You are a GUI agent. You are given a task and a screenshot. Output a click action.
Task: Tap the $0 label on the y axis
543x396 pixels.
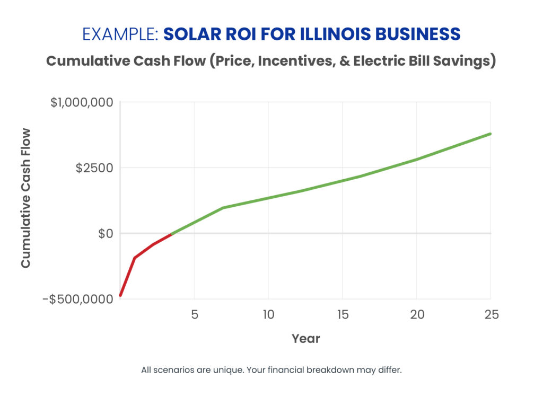106,234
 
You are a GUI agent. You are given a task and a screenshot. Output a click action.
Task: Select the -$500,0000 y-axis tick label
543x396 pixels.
78,300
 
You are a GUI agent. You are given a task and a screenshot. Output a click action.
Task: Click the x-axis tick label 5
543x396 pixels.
194,314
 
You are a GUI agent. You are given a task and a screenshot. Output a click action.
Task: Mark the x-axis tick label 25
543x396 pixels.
491,314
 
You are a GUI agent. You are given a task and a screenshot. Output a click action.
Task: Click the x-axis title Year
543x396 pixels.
305,338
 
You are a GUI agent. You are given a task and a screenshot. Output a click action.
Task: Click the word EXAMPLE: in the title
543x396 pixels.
120,34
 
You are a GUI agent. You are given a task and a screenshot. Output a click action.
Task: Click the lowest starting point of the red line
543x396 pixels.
121,295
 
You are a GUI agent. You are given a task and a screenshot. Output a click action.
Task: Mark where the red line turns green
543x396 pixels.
171,234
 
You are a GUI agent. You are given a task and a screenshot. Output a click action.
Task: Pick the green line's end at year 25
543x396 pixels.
491,134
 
